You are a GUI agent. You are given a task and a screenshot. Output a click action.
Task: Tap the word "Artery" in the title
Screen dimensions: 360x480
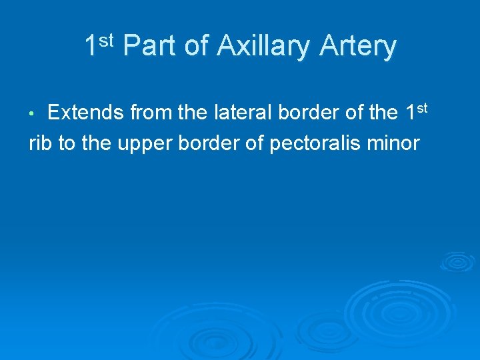(358, 47)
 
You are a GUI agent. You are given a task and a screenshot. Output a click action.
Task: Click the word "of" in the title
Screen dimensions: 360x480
(197, 47)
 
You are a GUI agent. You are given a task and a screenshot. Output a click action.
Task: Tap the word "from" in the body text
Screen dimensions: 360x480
(152, 113)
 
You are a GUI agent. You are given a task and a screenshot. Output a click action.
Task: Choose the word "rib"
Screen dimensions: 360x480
(41, 143)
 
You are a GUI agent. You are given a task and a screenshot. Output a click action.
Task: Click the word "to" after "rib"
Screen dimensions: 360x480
(67, 143)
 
